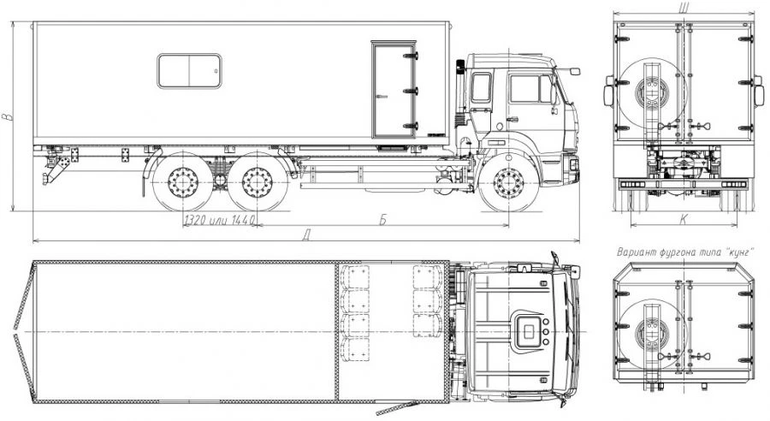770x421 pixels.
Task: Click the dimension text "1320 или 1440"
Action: [220, 220]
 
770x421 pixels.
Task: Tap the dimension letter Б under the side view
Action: [382, 220]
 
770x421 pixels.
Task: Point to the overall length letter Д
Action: [306, 236]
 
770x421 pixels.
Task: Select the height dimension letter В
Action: [6, 117]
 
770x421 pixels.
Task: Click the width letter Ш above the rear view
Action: [683, 7]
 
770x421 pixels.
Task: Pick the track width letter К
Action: [683, 220]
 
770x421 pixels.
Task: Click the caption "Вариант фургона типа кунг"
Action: [685, 252]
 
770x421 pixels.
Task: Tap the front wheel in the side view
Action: [509, 183]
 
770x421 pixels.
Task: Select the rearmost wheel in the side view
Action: [183, 183]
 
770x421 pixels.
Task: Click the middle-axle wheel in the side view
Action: [257, 183]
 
